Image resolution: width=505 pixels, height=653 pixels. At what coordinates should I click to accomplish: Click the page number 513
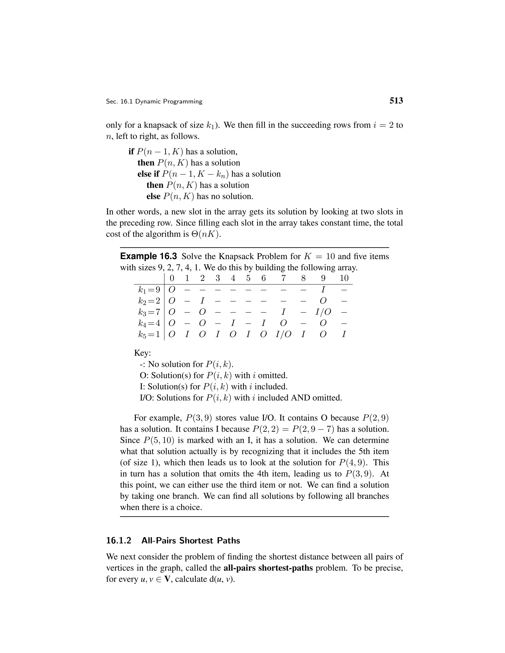tap(396, 101)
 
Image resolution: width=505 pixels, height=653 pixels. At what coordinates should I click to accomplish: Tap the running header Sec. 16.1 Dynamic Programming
tap(154, 102)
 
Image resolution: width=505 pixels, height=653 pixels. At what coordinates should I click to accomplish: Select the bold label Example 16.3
tap(148, 256)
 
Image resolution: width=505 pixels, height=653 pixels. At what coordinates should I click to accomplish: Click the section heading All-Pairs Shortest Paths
tap(191, 541)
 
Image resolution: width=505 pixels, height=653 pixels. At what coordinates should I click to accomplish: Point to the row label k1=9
tap(149, 290)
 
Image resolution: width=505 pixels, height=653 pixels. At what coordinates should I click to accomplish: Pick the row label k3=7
tap(149, 312)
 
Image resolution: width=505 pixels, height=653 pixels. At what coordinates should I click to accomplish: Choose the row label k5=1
tap(149, 334)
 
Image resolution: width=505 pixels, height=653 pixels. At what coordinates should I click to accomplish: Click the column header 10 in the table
tap(344, 278)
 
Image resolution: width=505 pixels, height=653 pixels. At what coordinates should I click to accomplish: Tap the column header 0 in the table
tap(172, 278)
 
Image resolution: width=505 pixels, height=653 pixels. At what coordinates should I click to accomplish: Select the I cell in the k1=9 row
tap(323, 290)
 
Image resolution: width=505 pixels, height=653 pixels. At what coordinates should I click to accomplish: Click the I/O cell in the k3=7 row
tap(323, 312)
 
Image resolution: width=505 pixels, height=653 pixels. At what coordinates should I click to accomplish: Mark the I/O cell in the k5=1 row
tap(283, 334)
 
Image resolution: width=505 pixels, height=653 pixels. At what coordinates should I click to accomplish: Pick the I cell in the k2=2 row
tap(202, 301)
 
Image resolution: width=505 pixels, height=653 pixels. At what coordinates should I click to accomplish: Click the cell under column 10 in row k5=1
tap(344, 334)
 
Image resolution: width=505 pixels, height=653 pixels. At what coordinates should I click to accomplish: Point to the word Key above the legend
tap(143, 353)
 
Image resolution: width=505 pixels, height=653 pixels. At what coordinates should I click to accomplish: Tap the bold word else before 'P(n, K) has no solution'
tap(153, 196)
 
